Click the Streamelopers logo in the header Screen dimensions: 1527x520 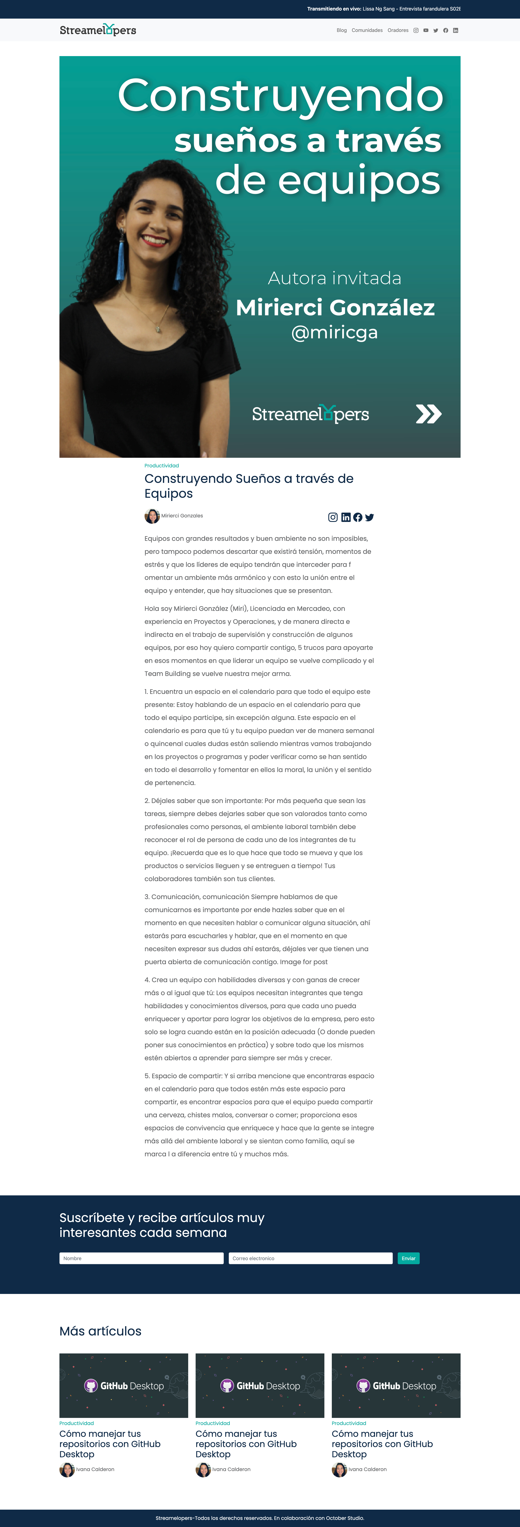click(x=98, y=30)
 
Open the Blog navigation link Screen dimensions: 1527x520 click(x=342, y=30)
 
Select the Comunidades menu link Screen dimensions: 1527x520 click(x=367, y=30)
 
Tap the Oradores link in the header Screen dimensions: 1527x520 click(x=398, y=30)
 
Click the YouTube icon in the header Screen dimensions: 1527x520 click(x=426, y=30)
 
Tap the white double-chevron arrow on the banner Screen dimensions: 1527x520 click(x=429, y=414)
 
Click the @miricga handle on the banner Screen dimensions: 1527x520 click(x=335, y=333)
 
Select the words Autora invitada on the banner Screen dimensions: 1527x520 click(x=335, y=278)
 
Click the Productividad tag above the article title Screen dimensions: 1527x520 click(x=162, y=465)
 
